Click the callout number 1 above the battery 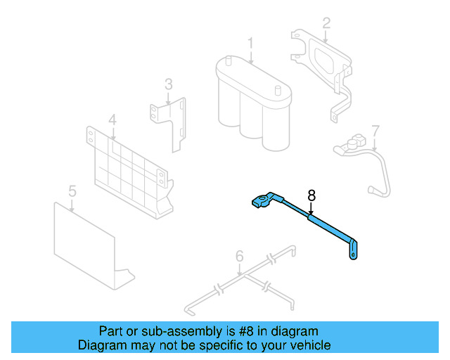(250, 44)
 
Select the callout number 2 (326, 23)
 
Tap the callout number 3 (169, 84)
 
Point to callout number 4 (112, 120)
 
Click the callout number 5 (72, 191)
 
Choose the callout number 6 (239, 256)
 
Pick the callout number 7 (375, 131)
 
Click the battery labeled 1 (253, 105)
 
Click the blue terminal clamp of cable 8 (262, 202)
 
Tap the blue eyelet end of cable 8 (354, 251)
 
